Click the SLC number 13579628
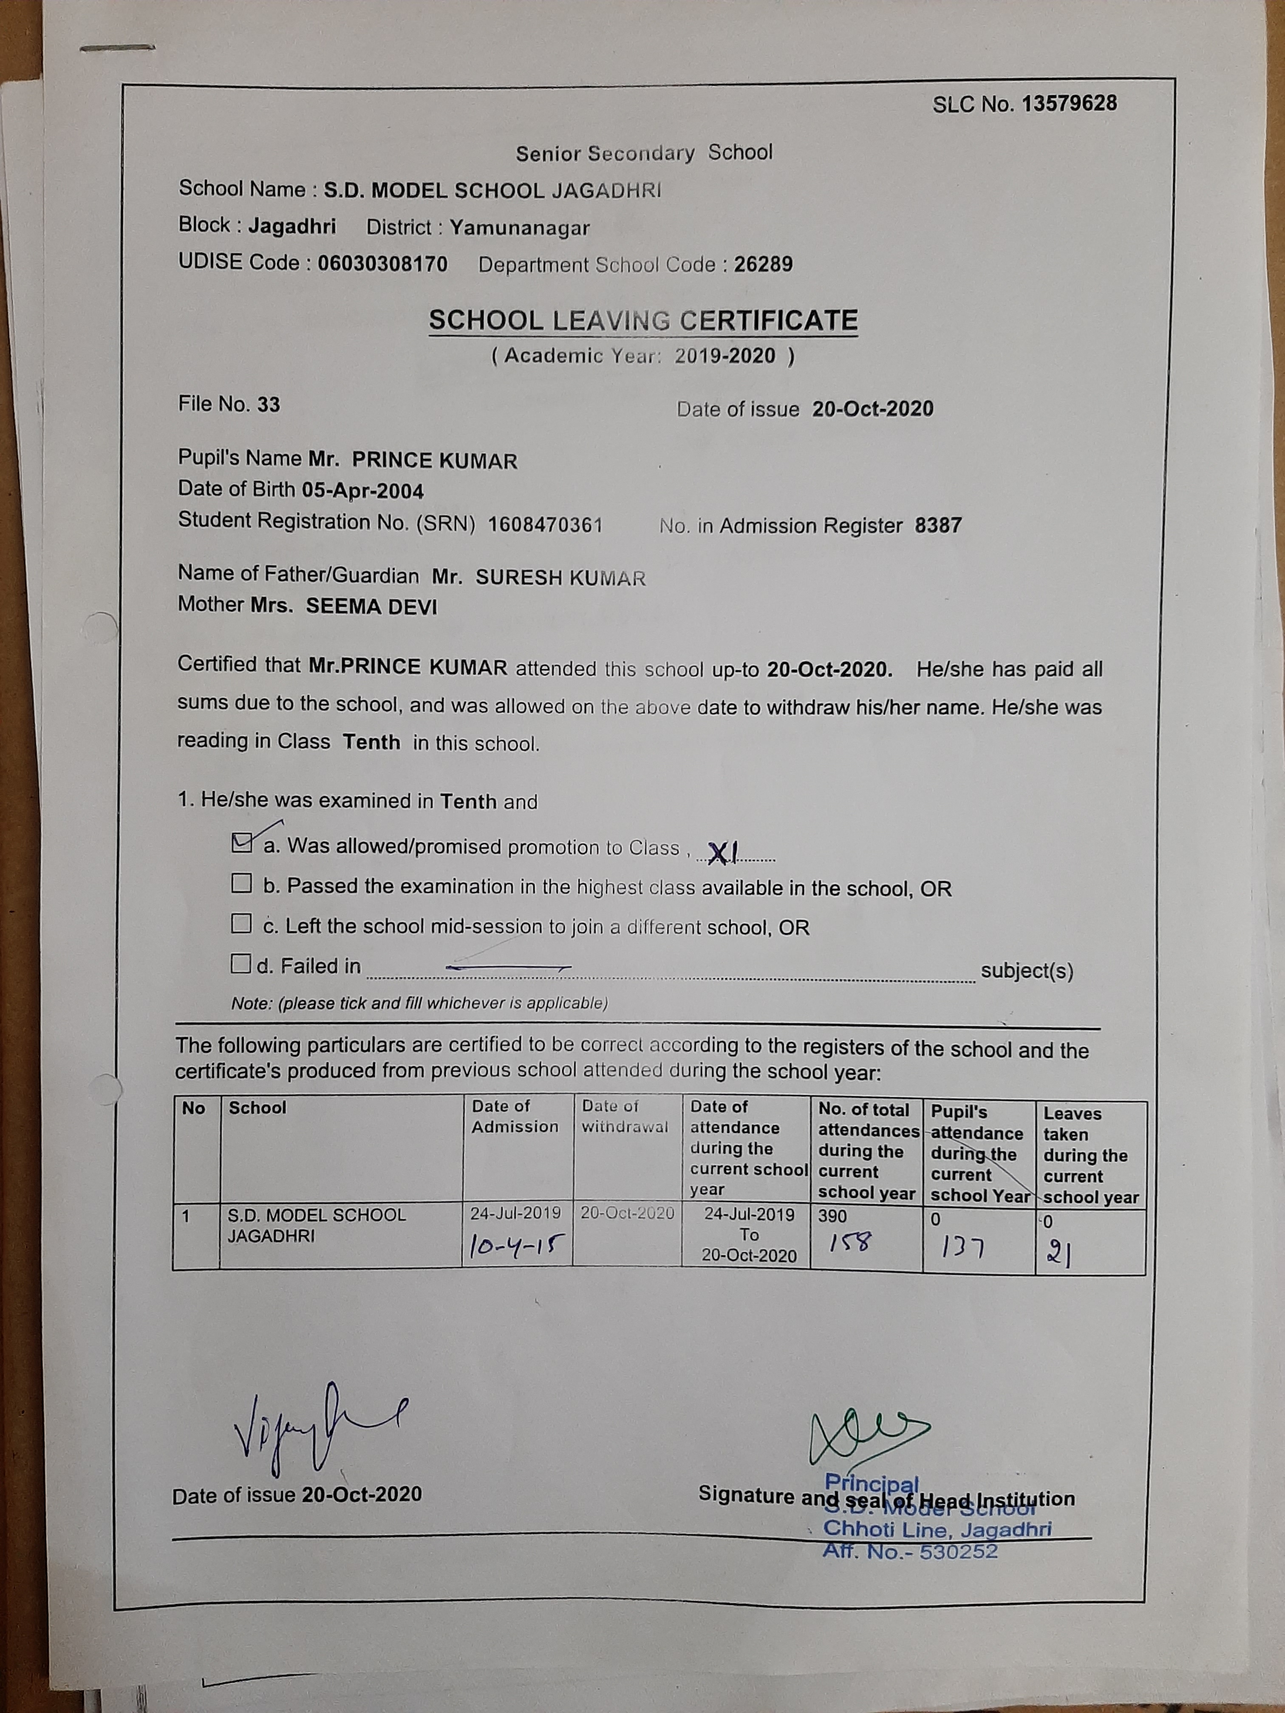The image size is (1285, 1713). pyautogui.click(x=1069, y=104)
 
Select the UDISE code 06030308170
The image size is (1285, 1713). pyautogui.click(x=382, y=264)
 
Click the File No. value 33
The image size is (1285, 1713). pyautogui.click(x=269, y=404)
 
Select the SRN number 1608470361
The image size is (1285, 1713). pyautogui.click(x=545, y=524)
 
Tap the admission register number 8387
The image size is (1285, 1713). pyautogui.click(x=938, y=526)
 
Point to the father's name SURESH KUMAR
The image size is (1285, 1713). pyautogui.click(x=560, y=578)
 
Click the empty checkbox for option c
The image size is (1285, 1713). pyautogui.click(x=242, y=924)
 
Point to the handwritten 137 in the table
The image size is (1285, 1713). pyautogui.click(x=963, y=1247)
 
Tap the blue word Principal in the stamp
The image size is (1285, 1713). pyautogui.click(x=872, y=1483)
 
